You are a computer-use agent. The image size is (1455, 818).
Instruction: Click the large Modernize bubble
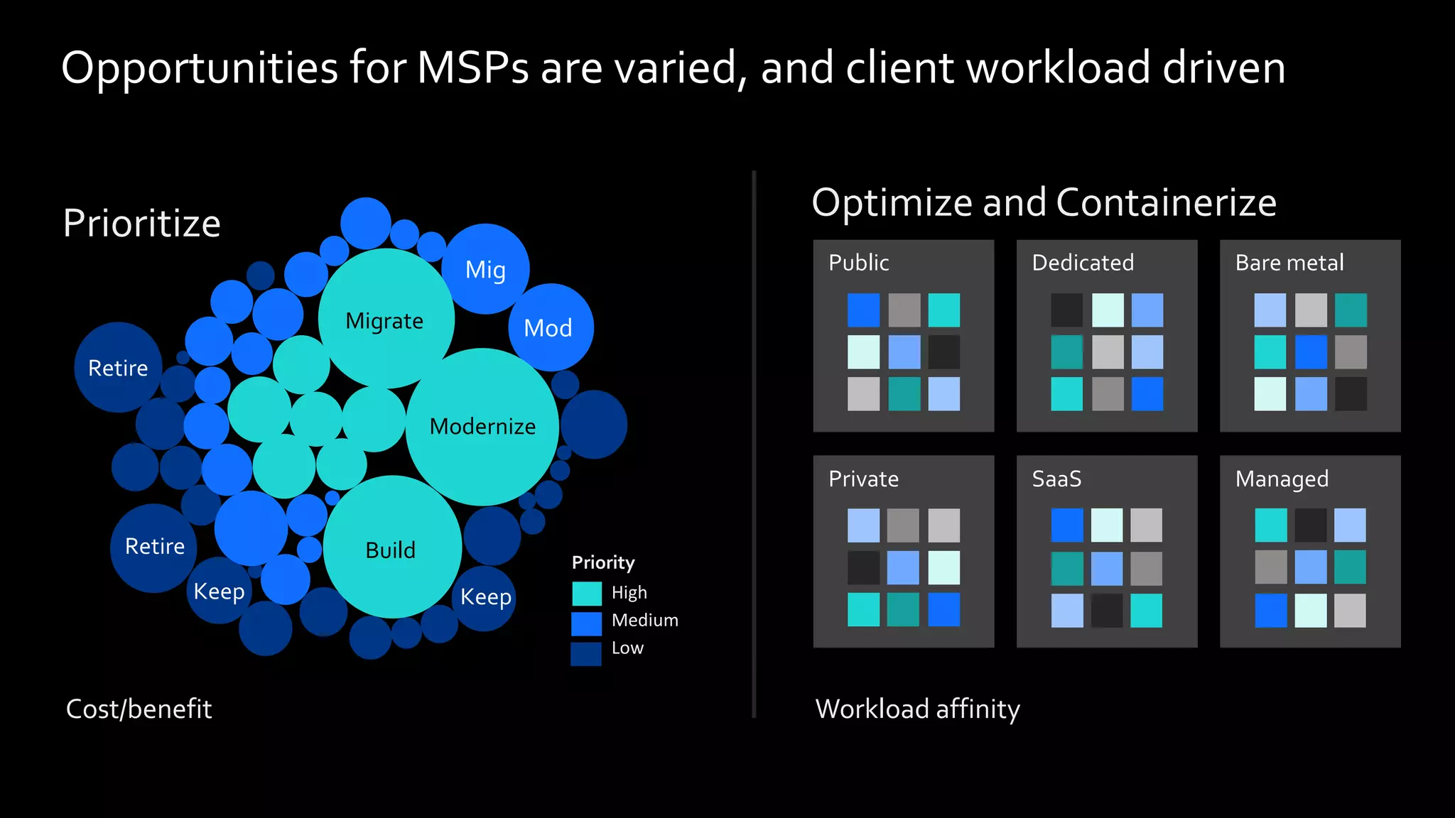[482, 426]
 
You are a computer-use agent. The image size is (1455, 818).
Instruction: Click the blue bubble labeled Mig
[486, 270]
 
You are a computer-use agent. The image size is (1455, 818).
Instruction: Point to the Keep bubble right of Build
[485, 597]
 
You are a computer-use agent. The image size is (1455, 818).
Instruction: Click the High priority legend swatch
[587, 593]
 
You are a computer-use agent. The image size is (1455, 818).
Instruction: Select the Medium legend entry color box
[587, 623]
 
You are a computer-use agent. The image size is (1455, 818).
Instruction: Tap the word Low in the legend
[627, 648]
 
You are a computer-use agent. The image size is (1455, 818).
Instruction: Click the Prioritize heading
[142, 223]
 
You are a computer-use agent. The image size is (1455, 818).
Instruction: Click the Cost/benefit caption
[139, 709]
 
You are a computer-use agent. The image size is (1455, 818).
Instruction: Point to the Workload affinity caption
[917, 709]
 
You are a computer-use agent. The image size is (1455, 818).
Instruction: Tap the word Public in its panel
[858, 263]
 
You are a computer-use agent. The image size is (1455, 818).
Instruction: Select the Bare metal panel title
[1289, 263]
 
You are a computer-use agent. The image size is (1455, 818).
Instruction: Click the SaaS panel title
[1056, 479]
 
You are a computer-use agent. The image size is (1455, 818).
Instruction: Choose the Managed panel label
[1282, 479]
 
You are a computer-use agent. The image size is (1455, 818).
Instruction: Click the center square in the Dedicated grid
[1108, 352]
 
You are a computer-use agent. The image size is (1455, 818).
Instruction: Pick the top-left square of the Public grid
[863, 310]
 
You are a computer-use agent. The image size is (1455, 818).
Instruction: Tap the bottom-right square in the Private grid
[943, 609]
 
